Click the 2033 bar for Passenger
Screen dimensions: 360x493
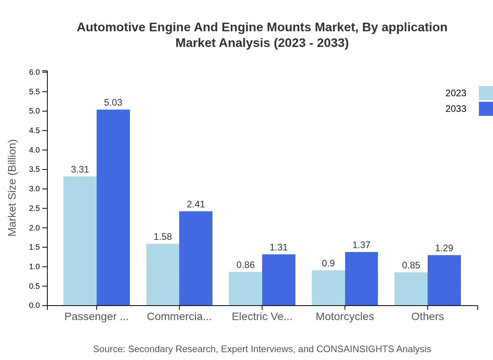pos(113,207)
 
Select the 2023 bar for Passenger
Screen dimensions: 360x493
pos(80,241)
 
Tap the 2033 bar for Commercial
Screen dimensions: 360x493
pos(196,258)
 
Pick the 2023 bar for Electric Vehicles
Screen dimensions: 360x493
pos(245,288)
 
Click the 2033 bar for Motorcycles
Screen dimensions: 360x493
pos(361,279)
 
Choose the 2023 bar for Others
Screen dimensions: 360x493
pos(411,289)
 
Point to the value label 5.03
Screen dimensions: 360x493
pos(113,103)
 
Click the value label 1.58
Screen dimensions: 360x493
pos(163,237)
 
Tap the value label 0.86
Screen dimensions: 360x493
pos(245,265)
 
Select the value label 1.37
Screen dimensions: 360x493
pos(361,245)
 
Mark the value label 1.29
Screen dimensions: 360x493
pos(444,248)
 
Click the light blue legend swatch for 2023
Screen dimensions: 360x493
pos(486,93)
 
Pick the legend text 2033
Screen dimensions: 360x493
pos(456,109)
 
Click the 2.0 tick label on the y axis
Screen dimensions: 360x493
pos(34,228)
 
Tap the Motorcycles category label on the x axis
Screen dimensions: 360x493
pos(345,317)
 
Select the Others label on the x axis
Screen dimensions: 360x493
pos(427,317)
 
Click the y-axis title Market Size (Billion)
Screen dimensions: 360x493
pos(13,188)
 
